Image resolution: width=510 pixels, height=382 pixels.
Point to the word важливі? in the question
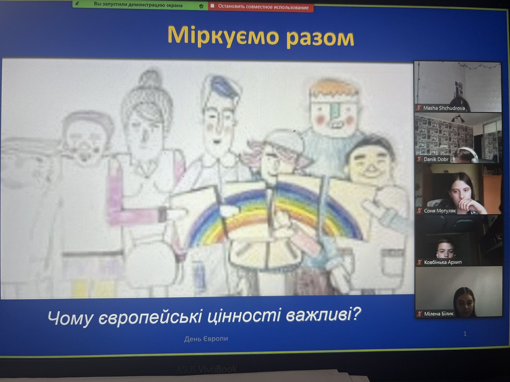[323, 315]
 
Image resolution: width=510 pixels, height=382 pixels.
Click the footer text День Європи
[206, 339]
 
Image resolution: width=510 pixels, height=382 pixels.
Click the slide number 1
[465, 334]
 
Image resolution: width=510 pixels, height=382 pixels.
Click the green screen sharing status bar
[140, 5]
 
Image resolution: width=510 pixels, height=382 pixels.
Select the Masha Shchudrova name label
[444, 108]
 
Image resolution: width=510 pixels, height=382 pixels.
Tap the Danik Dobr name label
[436, 159]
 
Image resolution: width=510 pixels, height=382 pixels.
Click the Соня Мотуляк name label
[440, 211]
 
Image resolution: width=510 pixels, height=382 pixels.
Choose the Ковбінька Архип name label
[443, 262]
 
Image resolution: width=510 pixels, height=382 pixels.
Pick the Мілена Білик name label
[439, 314]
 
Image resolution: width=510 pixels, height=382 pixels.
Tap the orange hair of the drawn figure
[334, 88]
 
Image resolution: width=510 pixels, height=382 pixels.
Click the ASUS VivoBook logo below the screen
[207, 369]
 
